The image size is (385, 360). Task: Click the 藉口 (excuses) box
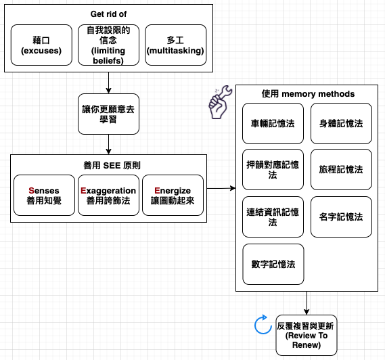coord(41,45)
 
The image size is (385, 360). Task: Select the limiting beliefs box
coord(108,45)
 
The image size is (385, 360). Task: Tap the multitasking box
coord(175,45)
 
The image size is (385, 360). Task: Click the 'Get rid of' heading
coord(108,14)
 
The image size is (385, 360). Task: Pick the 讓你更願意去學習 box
coord(108,114)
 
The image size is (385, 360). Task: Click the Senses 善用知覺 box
coord(44,195)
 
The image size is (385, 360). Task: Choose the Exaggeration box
coord(108,195)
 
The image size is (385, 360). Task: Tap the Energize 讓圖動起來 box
coord(173,195)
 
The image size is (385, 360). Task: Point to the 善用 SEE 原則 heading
coord(112,166)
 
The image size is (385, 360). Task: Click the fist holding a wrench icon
coord(219,103)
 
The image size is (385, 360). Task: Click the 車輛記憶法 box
coord(273,124)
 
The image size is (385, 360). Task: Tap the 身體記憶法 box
coord(341,124)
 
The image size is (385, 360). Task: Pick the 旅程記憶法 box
coord(341,169)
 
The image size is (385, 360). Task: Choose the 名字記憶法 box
coord(341,217)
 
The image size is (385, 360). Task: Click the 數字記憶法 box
coord(273,264)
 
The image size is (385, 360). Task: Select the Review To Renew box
coord(307,335)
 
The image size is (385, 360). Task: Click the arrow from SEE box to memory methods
coord(221,188)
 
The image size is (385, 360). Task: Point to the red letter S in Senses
coord(31,191)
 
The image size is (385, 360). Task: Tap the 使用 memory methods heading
coord(308,94)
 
